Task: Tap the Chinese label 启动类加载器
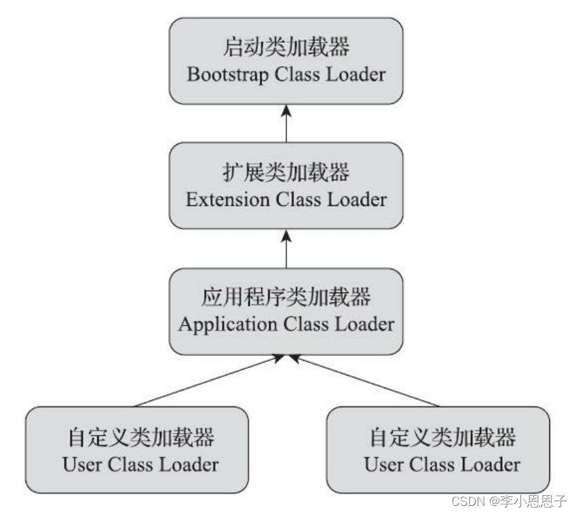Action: click(x=286, y=49)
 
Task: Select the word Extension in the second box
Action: click(x=226, y=199)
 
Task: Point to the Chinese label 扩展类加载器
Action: click(x=286, y=174)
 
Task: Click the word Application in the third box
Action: click(x=228, y=324)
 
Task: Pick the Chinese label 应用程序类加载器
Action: click(x=286, y=298)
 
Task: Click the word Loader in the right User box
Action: click(x=491, y=465)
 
